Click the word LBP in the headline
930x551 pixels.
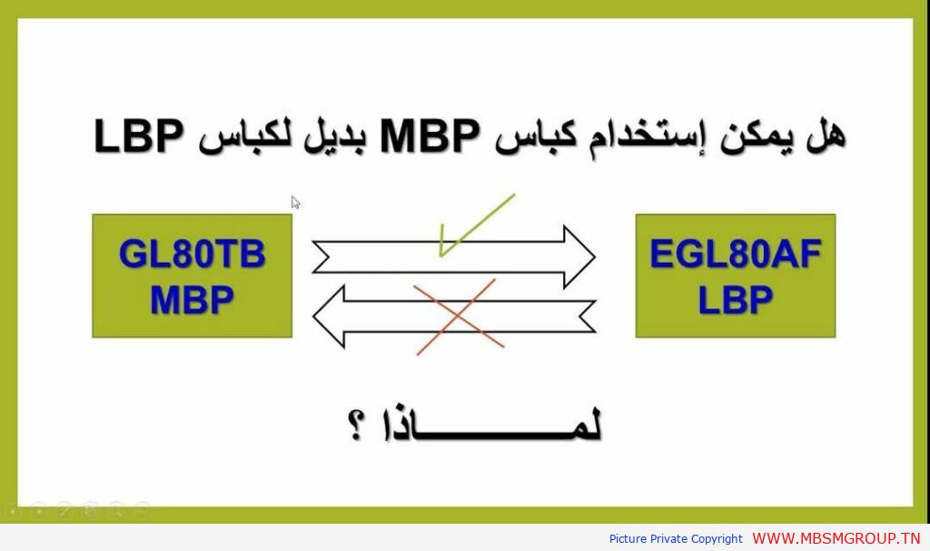139,136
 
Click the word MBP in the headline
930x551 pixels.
430,136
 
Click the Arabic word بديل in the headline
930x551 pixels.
335,136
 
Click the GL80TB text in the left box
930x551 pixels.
192,254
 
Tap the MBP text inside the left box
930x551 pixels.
192,300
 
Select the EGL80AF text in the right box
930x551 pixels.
736,254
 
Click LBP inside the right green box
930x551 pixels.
735,300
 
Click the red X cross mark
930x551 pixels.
458,317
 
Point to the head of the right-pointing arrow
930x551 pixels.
579,256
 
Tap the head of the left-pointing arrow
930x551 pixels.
329,316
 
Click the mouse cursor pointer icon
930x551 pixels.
295,203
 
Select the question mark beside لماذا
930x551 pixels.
356,425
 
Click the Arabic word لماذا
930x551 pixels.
493,426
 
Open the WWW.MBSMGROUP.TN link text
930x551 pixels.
836,538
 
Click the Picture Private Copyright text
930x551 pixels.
676,539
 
